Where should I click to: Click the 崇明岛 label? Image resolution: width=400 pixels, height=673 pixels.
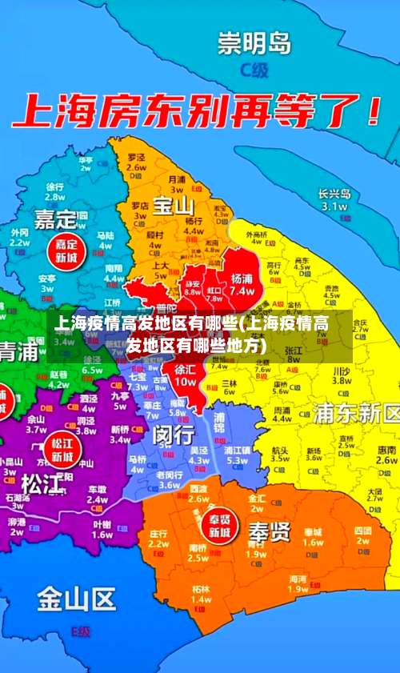coord(254,42)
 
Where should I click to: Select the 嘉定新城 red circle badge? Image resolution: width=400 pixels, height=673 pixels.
coord(66,250)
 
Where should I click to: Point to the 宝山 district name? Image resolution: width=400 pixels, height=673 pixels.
coord(174,206)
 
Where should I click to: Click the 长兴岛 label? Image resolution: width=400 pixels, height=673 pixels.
coord(334,193)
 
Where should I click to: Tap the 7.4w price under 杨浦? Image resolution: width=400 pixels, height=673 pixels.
coord(242,291)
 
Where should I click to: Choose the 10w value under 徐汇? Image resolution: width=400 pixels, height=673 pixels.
coord(185,382)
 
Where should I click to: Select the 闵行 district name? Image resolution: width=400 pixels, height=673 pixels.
coord(174,434)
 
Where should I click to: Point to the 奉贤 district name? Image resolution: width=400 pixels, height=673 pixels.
coord(269,531)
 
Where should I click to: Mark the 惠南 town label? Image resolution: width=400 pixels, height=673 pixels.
coord(386,450)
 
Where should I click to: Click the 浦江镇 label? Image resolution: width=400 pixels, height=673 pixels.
coord(238,450)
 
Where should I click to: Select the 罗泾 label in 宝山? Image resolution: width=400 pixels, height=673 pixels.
coord(136,158)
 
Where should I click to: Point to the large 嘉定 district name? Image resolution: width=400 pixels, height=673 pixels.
coord(55,218)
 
